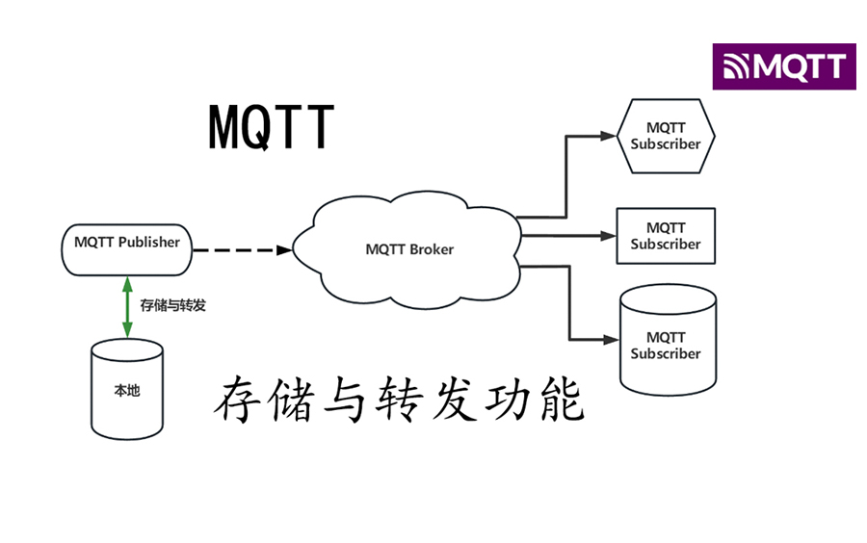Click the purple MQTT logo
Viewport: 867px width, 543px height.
783,66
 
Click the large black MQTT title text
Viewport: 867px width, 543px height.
271,126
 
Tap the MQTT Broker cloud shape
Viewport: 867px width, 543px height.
409,248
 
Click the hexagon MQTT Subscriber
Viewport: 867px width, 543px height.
666,136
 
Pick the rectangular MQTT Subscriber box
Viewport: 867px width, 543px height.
666,236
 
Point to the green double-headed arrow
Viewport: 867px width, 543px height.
127,305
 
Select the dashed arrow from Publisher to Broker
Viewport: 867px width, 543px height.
241,250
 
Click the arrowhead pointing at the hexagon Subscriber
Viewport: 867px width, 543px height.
608,136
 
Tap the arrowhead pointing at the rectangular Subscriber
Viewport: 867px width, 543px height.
608,236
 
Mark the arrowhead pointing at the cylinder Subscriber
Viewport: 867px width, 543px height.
611,339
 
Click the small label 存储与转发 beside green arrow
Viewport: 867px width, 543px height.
173,306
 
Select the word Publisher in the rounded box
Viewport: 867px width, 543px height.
148,243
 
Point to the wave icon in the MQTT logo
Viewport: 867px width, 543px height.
737,67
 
